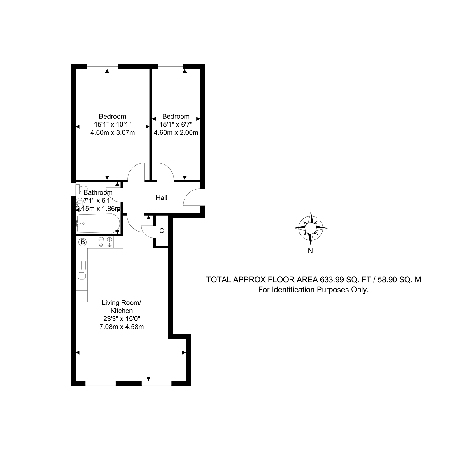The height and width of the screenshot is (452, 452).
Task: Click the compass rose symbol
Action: (x=311, y=228)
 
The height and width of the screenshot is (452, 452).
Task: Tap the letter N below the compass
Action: (x=310, y=250)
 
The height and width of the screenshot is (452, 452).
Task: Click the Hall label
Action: (x=162, y=198)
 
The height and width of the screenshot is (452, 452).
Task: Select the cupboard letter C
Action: (x=162, y=231)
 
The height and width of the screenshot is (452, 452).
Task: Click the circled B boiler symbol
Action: (x=83, y=242)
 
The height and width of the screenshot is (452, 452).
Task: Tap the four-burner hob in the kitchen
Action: (x=105, y=242)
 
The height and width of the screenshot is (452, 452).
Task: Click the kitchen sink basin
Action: (x=82, y=276)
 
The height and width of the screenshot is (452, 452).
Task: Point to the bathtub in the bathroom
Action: (x=98, y=223)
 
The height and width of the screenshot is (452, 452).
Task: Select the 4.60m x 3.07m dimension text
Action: (x=113, y=133)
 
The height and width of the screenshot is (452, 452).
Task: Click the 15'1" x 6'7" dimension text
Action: (x=176, y=125)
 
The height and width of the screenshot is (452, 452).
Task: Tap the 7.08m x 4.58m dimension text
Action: (x=122, y=327)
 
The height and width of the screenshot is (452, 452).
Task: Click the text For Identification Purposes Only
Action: (x=313, y=290)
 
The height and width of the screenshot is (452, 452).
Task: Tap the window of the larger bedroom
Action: (x=103, y=66)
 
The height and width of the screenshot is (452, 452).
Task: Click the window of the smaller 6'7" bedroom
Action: (x=171, y=66)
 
